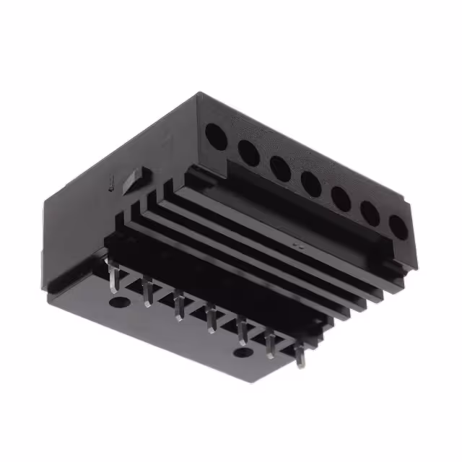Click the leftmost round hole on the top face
214,134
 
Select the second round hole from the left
247,152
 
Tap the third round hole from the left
280,167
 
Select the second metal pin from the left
147,293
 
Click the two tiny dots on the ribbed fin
297,245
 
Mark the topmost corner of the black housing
199,93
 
